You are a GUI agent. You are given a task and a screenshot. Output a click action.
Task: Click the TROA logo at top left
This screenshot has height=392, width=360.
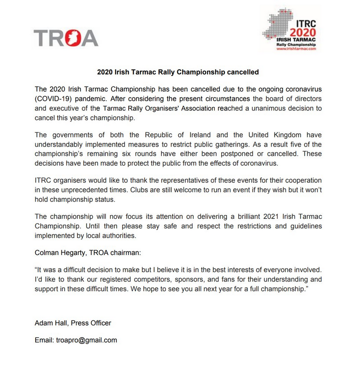(66, 38)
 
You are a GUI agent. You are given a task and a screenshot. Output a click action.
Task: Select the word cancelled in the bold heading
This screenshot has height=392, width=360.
(244, 72)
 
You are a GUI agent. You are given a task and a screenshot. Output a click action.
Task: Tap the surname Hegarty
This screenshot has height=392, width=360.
(79, 252)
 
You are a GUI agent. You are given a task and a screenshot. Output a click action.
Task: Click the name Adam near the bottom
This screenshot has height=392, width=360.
(43, 323)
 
